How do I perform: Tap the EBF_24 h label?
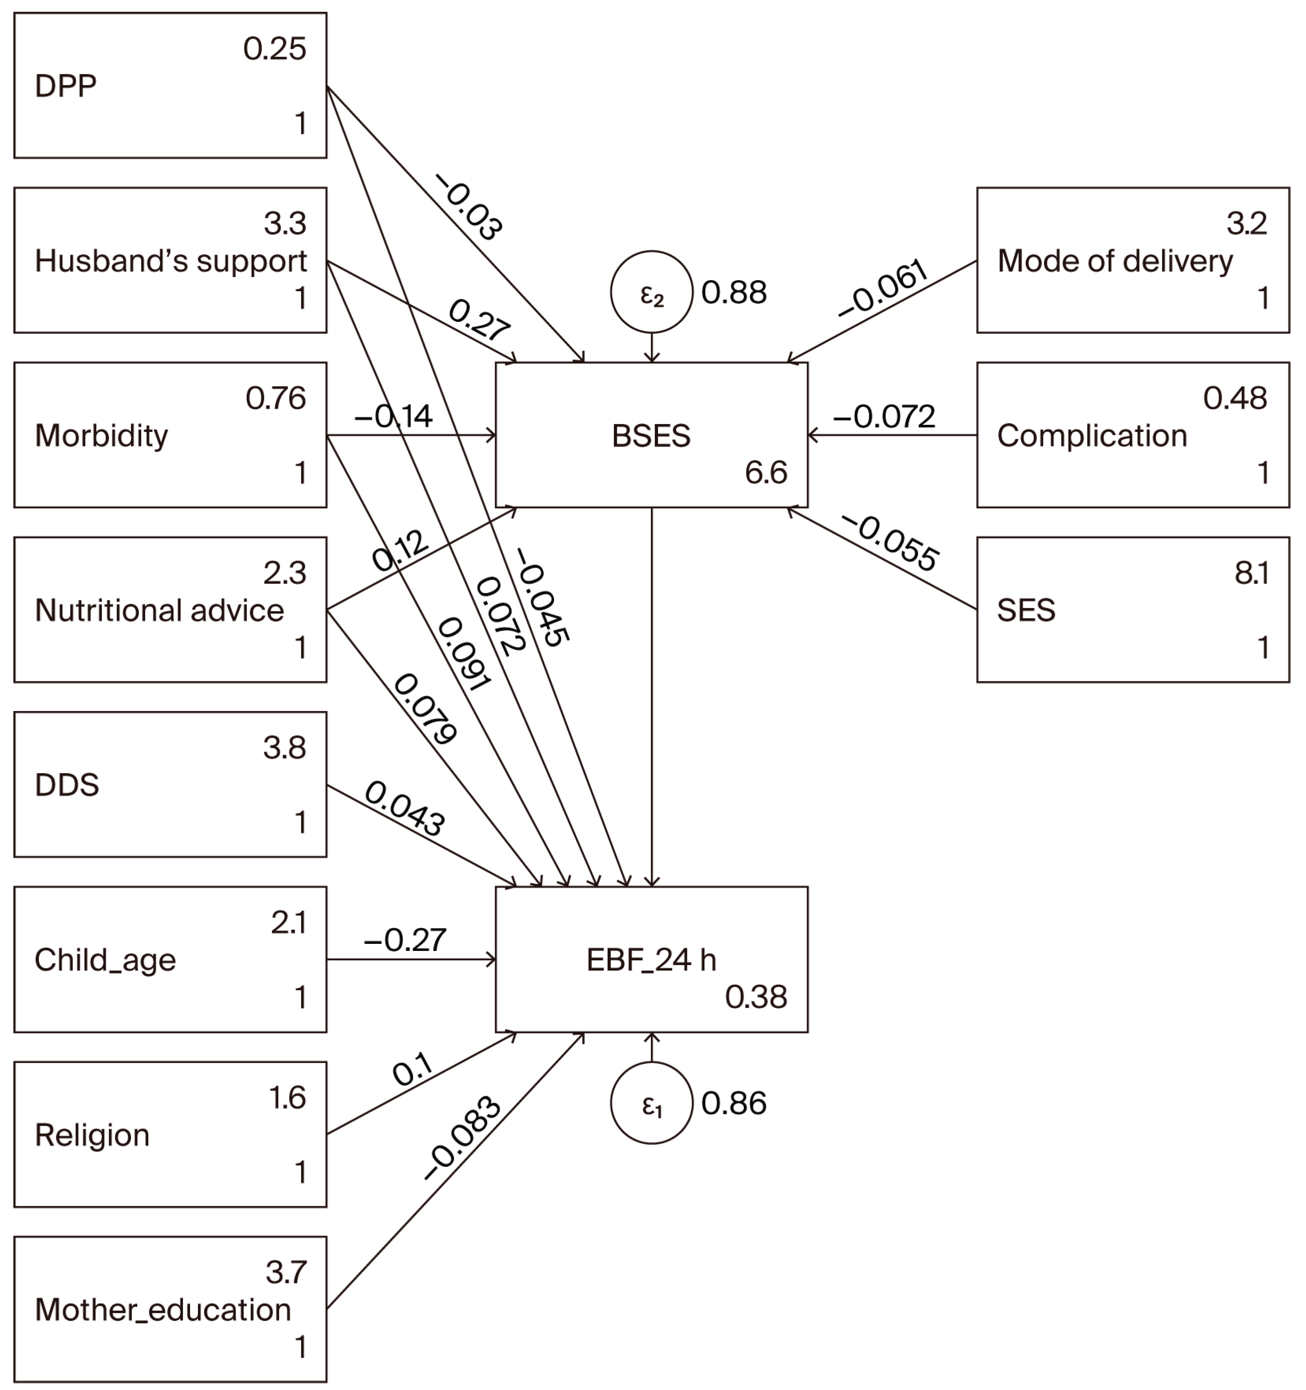click(x=651, y=960)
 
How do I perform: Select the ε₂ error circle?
click(x=651, y=292)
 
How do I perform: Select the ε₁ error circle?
click(x=651, y=1103)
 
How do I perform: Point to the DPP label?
click(x=66, y=86)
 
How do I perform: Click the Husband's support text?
click(x=171, y=261)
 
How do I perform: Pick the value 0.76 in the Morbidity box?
click(x=275, y=399)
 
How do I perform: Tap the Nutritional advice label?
click(x=159, y=610)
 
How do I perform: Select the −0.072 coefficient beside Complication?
click(x=884, y=417)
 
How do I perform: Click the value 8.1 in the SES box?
click(x=1251, y=573)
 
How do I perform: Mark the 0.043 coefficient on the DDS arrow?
click(x=404, y=808)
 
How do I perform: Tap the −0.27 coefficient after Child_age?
click(x=404, y=940)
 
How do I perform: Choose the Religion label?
click(x=92, y=1135)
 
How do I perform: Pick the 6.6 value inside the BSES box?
click(x=766, y=473)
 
